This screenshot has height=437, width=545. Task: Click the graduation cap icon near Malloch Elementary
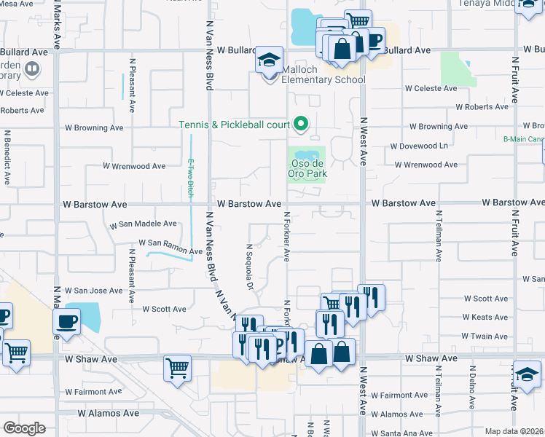pos(269,59)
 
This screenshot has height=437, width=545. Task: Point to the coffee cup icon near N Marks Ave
pos(66,321)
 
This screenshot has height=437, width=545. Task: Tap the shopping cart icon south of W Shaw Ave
pos(177,369)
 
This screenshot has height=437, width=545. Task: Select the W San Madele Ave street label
pos(143,224)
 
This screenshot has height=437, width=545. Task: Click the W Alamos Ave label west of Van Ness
pos(109,413)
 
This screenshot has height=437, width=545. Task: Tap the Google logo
pos(24,428)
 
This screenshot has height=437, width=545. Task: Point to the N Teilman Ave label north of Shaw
pos(439,236)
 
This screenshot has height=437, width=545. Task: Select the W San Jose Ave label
pos(94,291)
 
